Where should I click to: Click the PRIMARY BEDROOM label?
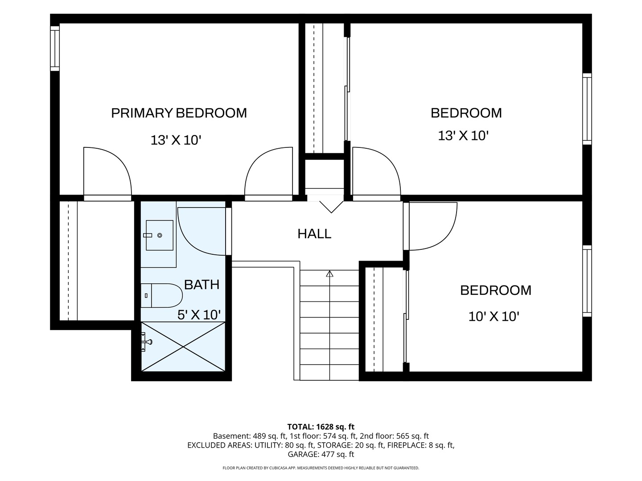pyautogui.click(x=179, y=113)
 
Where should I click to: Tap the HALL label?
pyautogui.click(x=314, y=234)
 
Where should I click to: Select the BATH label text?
pyautogui.click(x=202, y=285)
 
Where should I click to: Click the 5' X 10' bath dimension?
pyautogui.click(x=199, y=315)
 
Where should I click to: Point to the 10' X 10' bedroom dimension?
pyautogui.click(x=494, y=316)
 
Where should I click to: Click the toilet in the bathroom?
pyautogui.click(x=161, y=295)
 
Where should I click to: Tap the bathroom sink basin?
pyautogui.click(x=160, y=235)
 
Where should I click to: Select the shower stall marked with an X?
pyautogui.click(x=183, y=346)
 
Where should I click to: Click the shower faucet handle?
pyautogui.click(x=146, y=342)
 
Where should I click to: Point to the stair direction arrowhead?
pyautogui.click(x=329, y=273)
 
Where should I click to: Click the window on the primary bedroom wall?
pyautogui.click(x=55, y=48)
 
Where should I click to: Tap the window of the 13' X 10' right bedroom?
pyautogui.click(x=587, y=109)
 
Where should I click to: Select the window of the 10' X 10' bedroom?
pyautogui.click(x=587, y=281)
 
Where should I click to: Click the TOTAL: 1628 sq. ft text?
pyautogui.click(x=321, y=427)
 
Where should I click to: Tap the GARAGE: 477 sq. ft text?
pyautogui.click(x=321, y=454)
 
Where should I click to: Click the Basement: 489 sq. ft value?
pyautogui.click(x=249, y=436)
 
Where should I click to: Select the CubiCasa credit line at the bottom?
pyautogui.click(x=321, y=468)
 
